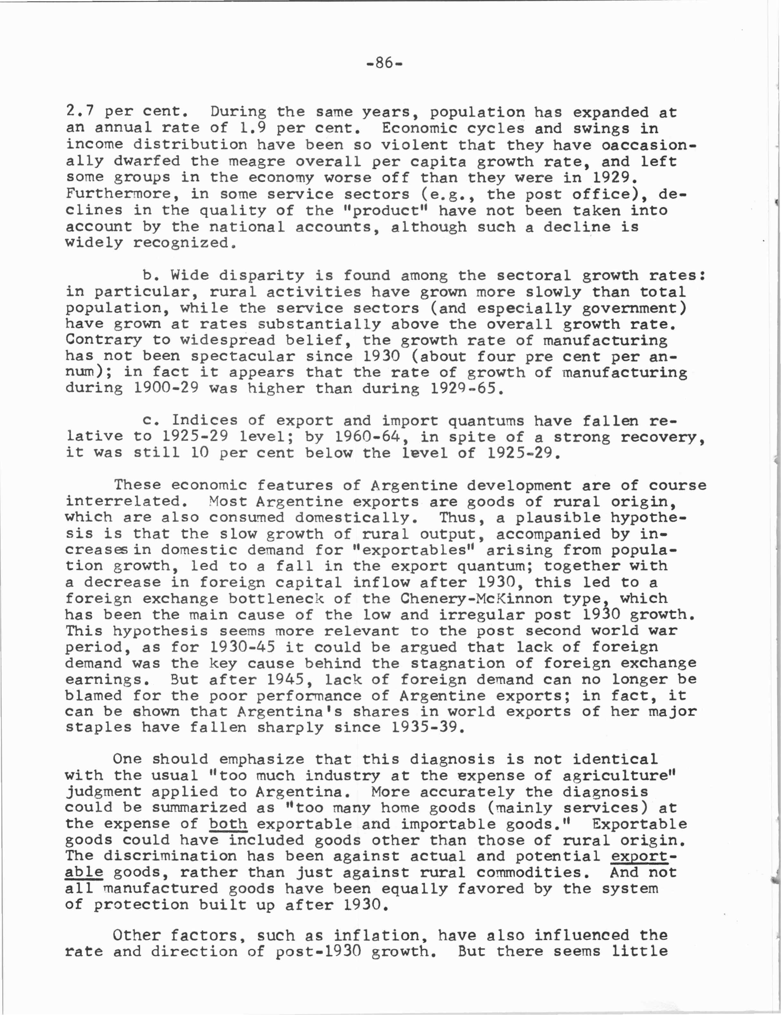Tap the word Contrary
pos(103,340)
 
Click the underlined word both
pos(228,824)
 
